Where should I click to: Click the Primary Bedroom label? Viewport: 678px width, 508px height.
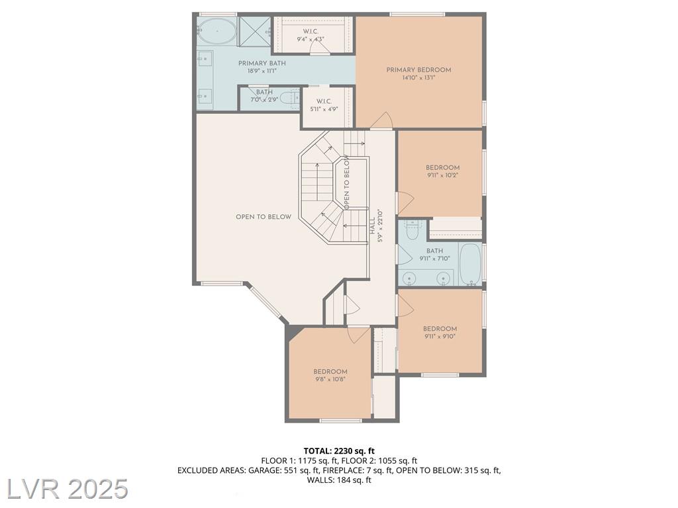[418, 69]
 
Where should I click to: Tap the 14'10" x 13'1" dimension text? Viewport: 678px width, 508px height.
[418, 78]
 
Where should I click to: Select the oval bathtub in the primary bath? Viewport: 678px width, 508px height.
[217, 32]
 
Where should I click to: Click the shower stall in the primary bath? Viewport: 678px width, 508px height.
[254, 31]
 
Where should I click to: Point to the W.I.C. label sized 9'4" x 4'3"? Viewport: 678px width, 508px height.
[311, 32]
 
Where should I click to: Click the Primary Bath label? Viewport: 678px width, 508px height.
[262, 63]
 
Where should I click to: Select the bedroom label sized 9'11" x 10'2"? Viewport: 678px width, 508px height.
[442, 167]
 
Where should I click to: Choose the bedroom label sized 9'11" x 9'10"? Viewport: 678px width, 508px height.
[440, 329]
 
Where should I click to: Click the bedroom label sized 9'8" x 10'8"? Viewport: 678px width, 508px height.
[330, 372]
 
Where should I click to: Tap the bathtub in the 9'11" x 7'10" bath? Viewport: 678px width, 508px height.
[470, 265]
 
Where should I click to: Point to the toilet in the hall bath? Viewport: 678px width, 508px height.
[412, 230]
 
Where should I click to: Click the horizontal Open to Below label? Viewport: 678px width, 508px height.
[264, 217]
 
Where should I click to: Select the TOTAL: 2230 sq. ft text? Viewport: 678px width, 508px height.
[339, 451]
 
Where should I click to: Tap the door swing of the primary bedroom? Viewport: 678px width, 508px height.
[382, 120]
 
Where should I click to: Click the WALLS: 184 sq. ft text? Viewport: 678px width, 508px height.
[339, 480]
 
